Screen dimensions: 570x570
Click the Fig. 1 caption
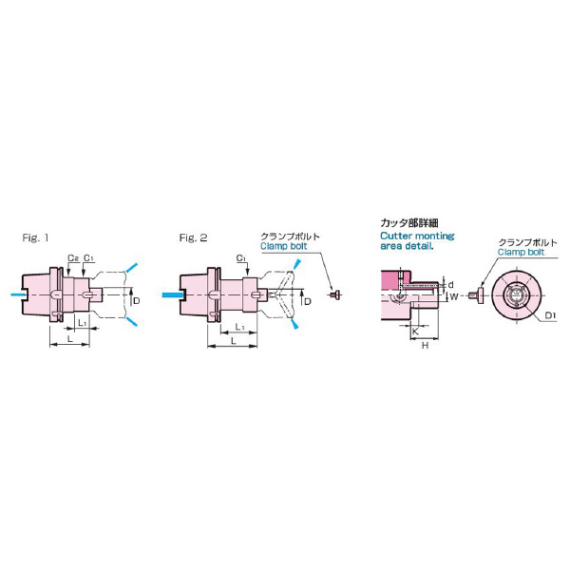click(35, 237)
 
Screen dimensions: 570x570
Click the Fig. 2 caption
click(193, 237)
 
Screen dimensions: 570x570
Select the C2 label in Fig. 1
click(73, 258)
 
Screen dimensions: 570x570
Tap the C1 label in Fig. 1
click(89, 257)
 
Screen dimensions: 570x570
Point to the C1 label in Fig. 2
click(241, 258)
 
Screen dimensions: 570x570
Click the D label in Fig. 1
click(136, 300)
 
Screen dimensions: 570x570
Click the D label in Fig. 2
click(308, 301)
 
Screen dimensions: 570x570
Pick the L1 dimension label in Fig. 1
click(83, 322)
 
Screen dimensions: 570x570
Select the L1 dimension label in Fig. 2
click(239, 327)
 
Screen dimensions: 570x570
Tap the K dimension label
click(415, 332)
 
